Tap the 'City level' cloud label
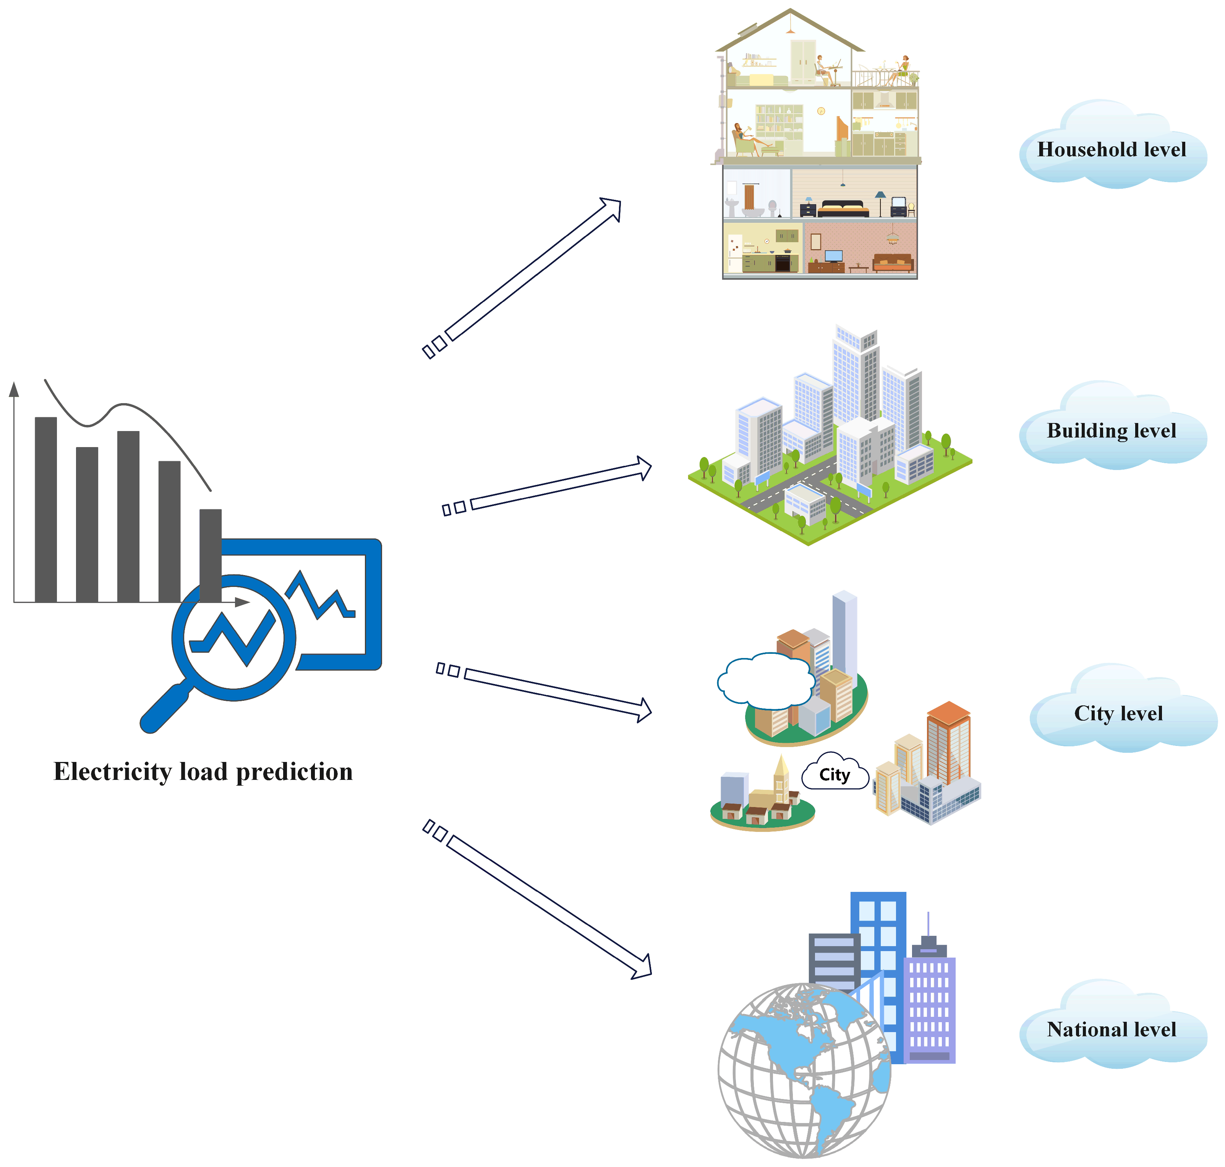[1118, 713]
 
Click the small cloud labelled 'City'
[834, 775]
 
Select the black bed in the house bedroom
[843, 208]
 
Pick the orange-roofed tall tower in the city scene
[948, 743]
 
